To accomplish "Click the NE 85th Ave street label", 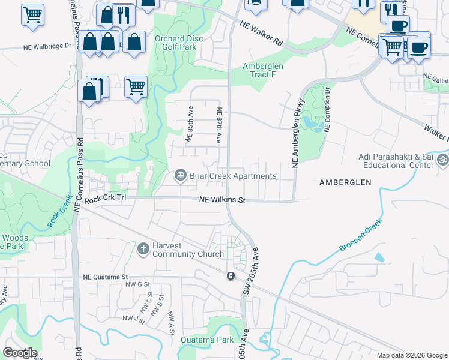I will pyautogui.click(x=190, y=125).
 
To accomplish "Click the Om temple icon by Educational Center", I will pyautogui.click(x=443, y=160).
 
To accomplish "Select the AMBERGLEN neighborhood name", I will pyautogui.click(x=345, y=182).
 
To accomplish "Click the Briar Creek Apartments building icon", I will pyautogui.click(x=179, y=176).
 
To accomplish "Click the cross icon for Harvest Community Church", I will pyautogui.click(x=143, y=248).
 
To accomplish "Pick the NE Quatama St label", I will pyautogui.click(x=106, y=277).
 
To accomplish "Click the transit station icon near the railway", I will pyautogui.click(x=230, y=276).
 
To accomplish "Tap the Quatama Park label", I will pyautogui.click(x=207, y=340).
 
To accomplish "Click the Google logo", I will pyautogui.click(x=20, y=353).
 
